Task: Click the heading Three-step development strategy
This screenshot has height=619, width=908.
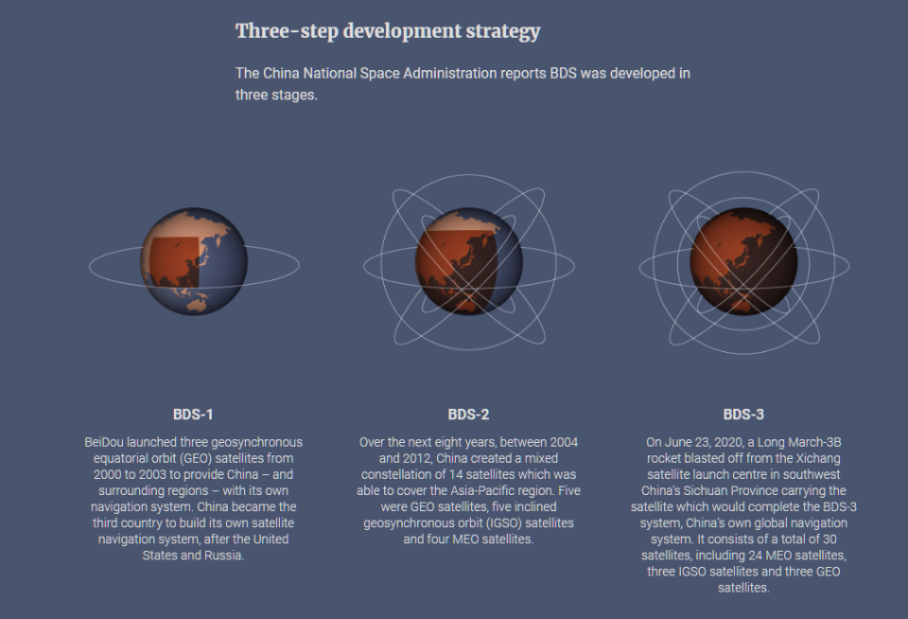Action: pyautogui.click(x=388, y=31)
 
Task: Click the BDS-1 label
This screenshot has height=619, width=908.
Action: pyautogui.click(x=193, y=415)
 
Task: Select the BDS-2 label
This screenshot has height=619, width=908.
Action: pyautogui.click(x=468, y=415)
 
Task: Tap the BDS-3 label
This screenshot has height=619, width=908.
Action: pyautogui.click(x=743, y=415)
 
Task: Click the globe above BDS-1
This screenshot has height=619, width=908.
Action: pyautogui.click(x=194, y=261)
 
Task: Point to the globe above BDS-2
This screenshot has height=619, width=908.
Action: pyautogui.click(x=468, y=261)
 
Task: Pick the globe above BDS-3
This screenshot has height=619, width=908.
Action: pyautogui.click(x=743, y=261)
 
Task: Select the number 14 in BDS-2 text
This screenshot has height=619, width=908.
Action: pyautogui.click(x=456, y=475)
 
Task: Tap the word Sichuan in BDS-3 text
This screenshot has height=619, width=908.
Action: pyautogui.click(x=705, y=491)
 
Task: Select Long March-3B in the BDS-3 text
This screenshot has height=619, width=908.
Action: pyautogui.click(x=799, y=442)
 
